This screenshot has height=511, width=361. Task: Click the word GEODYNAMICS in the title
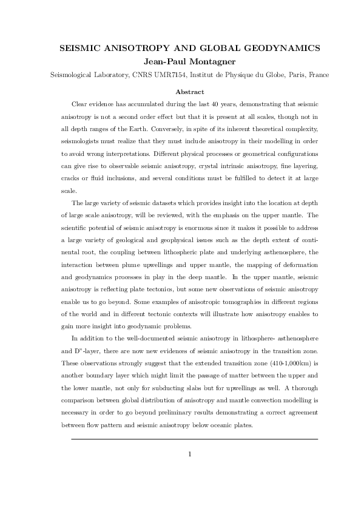click(277, 47)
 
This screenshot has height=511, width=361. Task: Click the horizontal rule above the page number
click(194, 439)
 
